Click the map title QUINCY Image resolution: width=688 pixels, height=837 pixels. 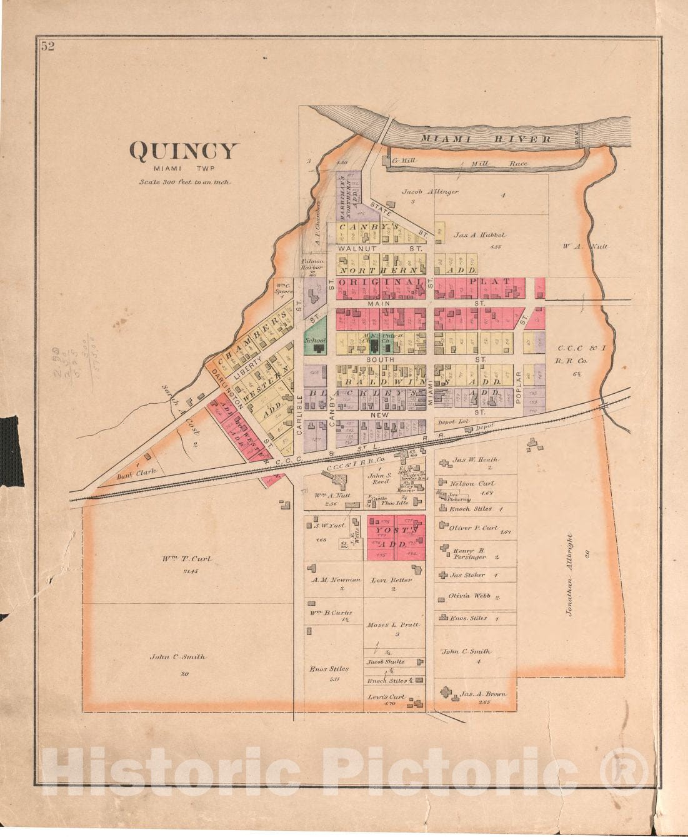click(183, 151)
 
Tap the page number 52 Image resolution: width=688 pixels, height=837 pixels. click(48, 46)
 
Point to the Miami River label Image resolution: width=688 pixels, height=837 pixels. click(485, 139)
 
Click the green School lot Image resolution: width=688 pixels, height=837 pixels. click(315, 341)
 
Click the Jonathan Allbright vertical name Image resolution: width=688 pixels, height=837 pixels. click(569, 574)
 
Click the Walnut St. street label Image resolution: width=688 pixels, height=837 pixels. click(381, 248)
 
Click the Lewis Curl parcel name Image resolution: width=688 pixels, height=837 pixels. click(386, 696)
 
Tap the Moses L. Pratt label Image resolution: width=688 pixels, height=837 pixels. click(393, 624)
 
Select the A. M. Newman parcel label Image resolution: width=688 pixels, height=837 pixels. click(336, 579)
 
